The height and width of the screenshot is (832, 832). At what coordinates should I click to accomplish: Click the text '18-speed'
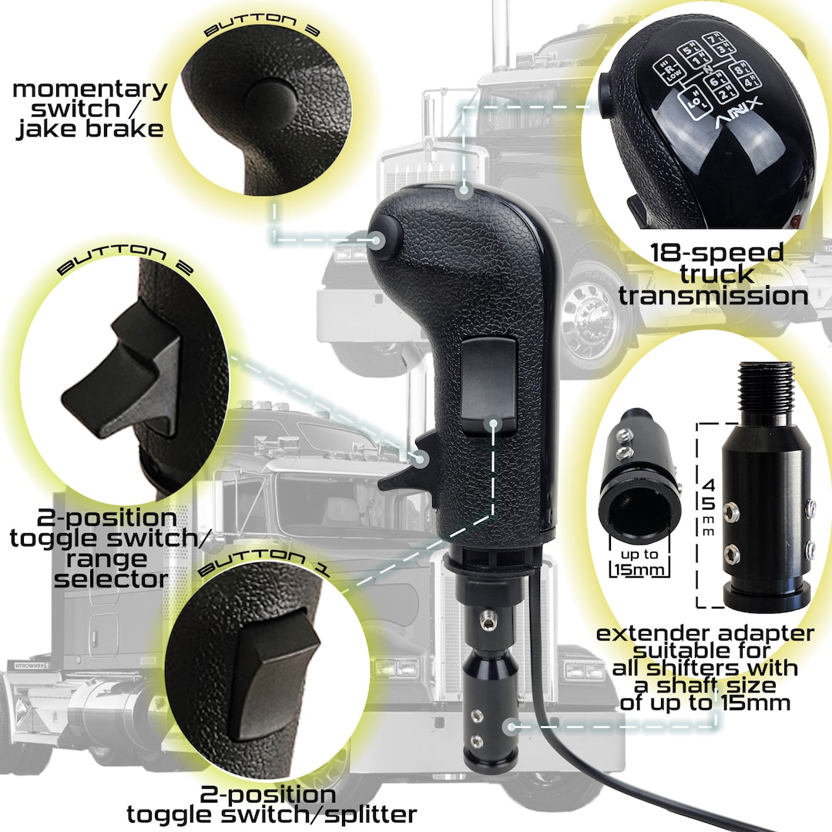tap(716, 253)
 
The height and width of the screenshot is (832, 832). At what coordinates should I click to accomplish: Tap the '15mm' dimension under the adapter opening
tap(639, 570)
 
